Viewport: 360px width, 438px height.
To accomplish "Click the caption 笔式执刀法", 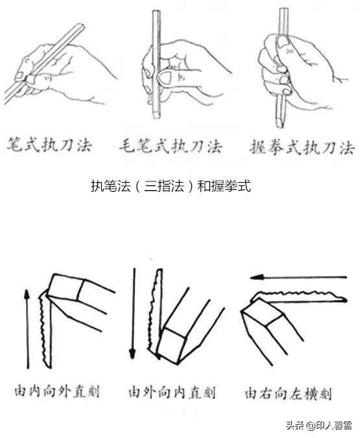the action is pyautogui.click(x=49, y=144).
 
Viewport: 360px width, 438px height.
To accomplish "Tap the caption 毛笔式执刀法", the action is pyautogui.click(x=171, y=146).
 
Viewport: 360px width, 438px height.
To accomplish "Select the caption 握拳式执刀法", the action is pyautogui.click(x=302, y=147).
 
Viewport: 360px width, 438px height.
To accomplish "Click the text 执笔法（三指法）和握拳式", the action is pyautogui.click(x=171, y=186).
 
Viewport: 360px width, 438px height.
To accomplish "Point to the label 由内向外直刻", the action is pyautogui.click(x=57, y=391).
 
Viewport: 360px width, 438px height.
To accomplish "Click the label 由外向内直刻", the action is pyautogui.click(x=172, y=392).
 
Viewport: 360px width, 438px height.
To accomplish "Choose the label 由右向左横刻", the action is pyautogui.click(x=289, y=393).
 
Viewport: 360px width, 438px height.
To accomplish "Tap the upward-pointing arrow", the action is pyautogui.click(x=27, y=329).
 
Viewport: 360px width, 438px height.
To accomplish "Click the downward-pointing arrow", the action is pyautogui.click(x=133, y=314).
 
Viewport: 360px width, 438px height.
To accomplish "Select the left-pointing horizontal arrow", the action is pyautogui.click(x=298, y=277).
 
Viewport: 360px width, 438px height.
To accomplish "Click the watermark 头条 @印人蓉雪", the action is pyautogui.click(x=318, y=426).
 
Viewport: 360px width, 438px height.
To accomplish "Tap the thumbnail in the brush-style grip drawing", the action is pyautogui.click(x=165, y=77).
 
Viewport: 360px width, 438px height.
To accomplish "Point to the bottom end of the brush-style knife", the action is pyautogui.click(x=156, y=116).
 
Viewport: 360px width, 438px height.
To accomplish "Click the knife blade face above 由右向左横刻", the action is pyautogui.click(x=263, y=312).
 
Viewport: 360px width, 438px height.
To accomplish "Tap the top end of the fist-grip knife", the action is pyautogui.click(x=283, y=9).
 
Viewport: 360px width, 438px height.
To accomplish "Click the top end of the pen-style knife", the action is pyautogui.click(x=80, y=27).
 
